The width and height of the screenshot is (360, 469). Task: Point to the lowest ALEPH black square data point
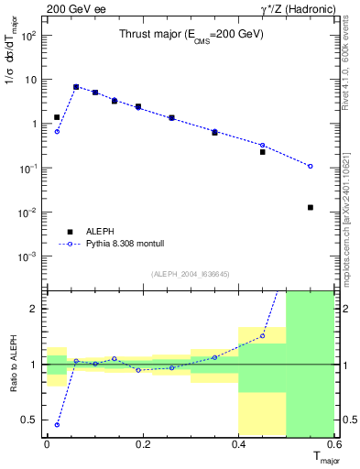point(311,207)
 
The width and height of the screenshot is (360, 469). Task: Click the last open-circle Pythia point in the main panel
point(311,166)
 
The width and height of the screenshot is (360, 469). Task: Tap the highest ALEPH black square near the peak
point(76,87)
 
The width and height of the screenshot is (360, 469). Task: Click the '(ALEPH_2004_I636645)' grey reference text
point(191,274)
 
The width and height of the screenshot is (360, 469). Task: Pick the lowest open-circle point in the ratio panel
point(57,424)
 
